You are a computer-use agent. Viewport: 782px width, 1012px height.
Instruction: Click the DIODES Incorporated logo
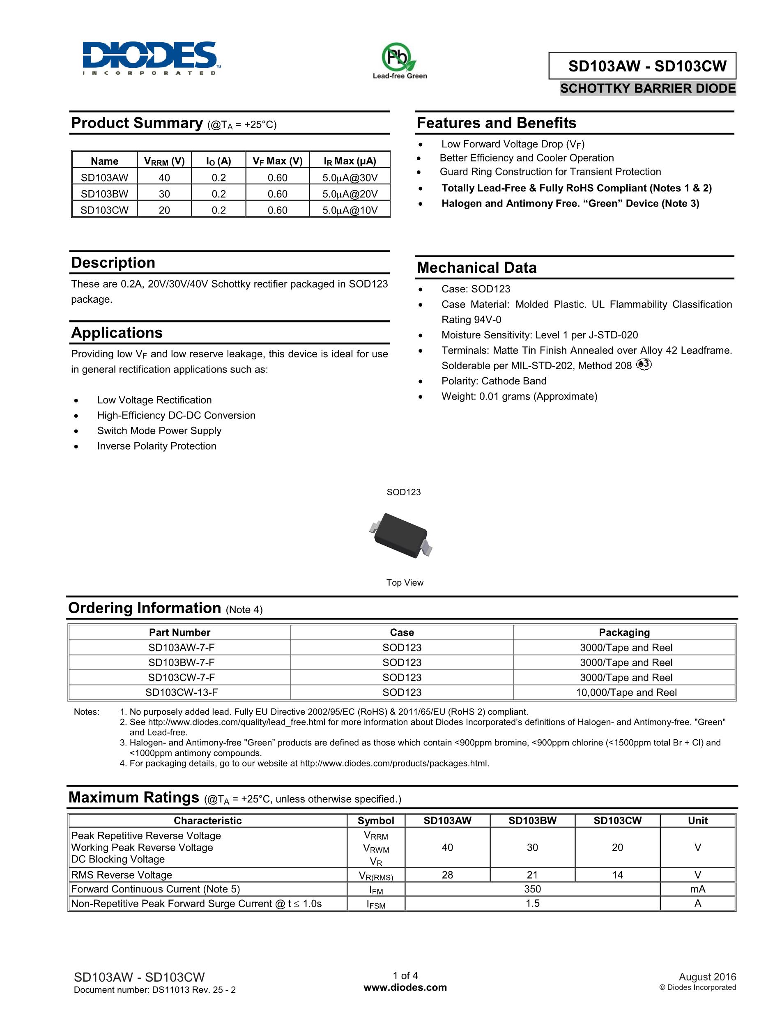click(149, 58)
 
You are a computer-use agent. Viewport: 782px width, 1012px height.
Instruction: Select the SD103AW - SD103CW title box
click(642, 66)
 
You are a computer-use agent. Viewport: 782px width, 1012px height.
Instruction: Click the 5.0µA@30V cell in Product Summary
click(350, 177)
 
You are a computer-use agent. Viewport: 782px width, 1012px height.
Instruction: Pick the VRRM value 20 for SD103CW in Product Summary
click(164, 210)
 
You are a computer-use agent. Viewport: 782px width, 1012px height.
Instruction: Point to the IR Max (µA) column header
click(350, 161)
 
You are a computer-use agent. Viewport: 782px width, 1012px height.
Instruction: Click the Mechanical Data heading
click(476, 268)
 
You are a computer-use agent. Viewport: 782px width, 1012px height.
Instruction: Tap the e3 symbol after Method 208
click(644, 365)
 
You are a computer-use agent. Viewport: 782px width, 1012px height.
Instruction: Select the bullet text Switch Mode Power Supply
click(159, 430)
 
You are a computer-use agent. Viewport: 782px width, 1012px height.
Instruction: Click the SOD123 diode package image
click(401, 535)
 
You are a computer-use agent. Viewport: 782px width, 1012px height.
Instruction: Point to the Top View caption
click(405, 582)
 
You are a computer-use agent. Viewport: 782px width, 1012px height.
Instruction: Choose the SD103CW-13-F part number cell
click(181, 692)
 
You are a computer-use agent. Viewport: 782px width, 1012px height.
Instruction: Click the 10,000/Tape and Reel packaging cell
click(626, 692)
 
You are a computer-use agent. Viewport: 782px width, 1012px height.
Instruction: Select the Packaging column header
click(624, 632)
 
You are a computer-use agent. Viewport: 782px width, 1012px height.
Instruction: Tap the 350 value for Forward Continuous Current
click(532, 889)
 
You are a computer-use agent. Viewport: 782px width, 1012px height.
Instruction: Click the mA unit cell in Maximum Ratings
click(697, 889)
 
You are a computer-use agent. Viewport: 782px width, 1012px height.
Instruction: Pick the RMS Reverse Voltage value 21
click(532, 875)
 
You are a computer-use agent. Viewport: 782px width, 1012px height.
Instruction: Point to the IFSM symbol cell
click(376, 904)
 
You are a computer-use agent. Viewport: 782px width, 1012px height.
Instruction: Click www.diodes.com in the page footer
click(405, 987)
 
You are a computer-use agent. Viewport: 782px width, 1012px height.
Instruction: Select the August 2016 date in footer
click(707, 977)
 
